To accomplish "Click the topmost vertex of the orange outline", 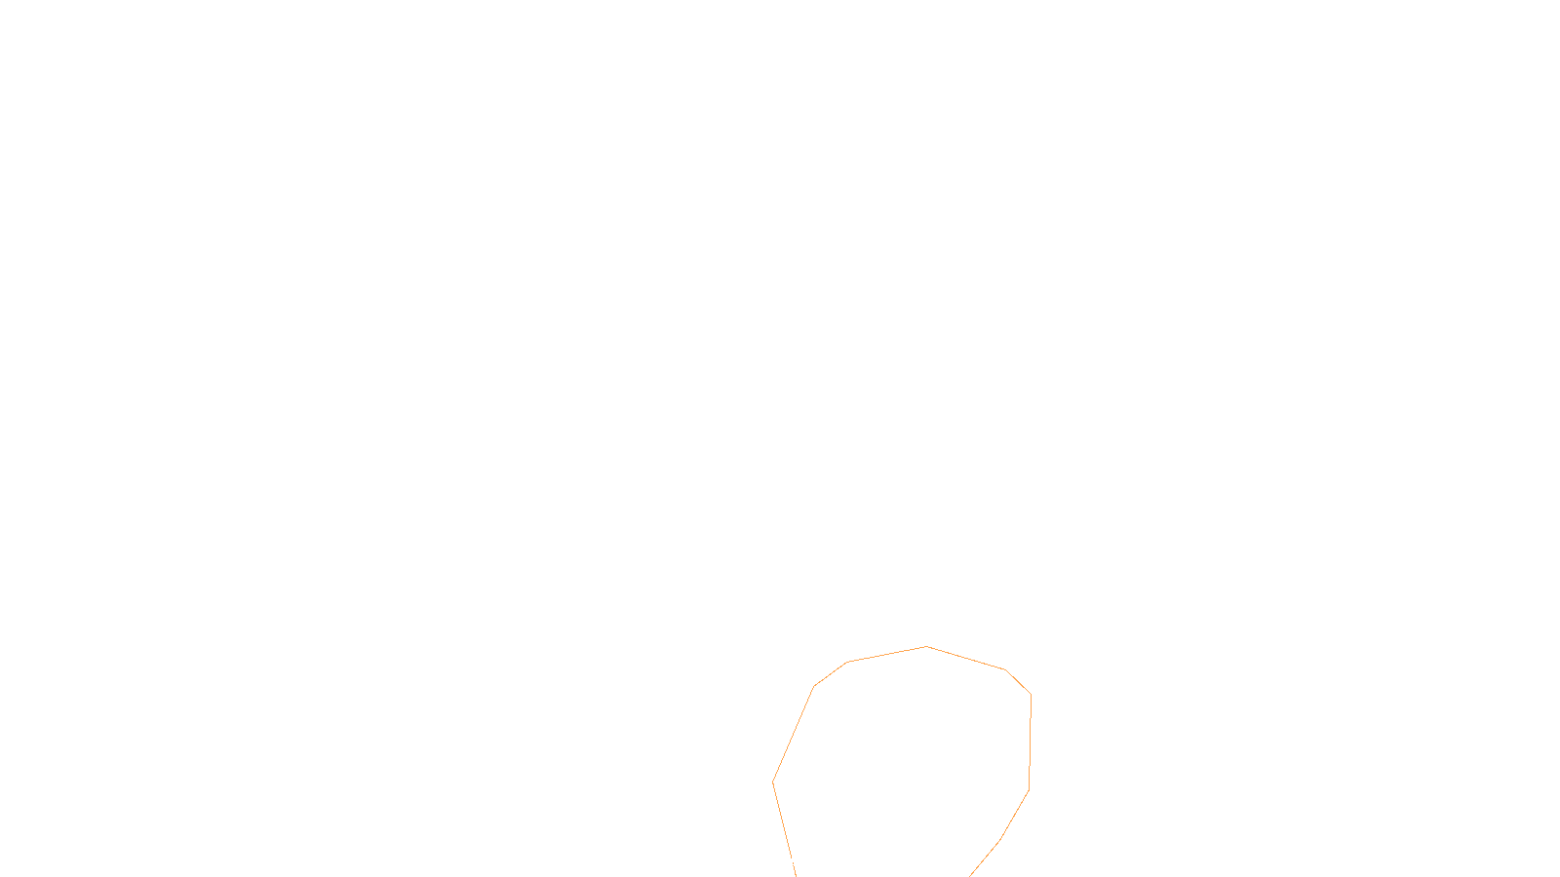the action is click(x=926, y=646).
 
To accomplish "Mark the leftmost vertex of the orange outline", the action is click(x=773, y=782).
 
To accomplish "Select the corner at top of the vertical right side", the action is click(x=1031, y=694).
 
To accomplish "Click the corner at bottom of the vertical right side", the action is click(x=1029, y=789).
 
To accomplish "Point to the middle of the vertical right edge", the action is click(x=1030, y=742).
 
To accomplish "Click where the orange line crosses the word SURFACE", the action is click(x=793, y=861).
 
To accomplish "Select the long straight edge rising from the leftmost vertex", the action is click(x=794, y=734).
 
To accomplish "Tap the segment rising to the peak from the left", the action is click(x=886, y=654).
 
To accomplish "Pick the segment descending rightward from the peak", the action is click(x=965, y=658).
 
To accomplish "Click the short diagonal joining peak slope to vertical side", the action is click(x=1018, y=682).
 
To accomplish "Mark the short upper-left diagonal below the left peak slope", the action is click(x=830, y=674).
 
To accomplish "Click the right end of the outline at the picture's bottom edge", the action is click(x=971, y=875).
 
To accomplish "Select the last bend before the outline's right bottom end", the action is click(x=1000, y=839).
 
